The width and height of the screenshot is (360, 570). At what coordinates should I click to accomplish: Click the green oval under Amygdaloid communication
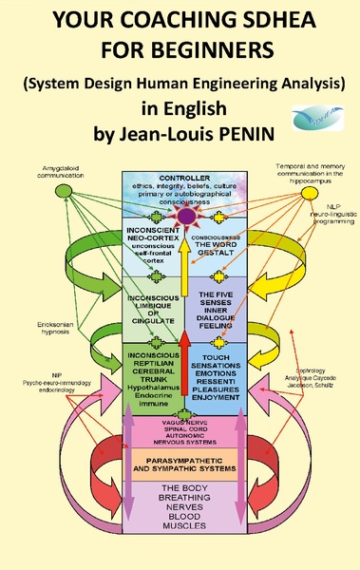(64, 191)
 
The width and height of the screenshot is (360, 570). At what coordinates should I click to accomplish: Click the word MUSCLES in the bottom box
(180, 549)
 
